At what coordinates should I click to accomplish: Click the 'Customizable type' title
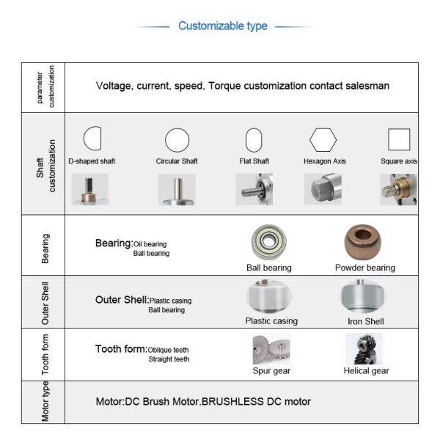(x=223, y=26)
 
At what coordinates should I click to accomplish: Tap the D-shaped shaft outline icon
(x=84, y=138)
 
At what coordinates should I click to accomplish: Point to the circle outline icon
(x=166, y=140)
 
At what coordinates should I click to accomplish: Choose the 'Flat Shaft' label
(x=254, y=161)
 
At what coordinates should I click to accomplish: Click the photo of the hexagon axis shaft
(x=323, y=189)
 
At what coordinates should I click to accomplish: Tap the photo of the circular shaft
(x=177, y=189)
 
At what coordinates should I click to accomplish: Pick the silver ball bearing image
(x=269, y=241)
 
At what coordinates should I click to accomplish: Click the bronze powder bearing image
(x=363, y=241)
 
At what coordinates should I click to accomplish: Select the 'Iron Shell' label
(x=366, y=321)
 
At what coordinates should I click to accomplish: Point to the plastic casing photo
(x=269, y=296)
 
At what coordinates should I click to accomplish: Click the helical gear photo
(x=364, y=349)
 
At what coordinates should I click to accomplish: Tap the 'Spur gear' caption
(x=271, y=370)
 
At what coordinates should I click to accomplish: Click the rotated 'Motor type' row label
(x=45, y=401)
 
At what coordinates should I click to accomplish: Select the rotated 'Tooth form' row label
(x=45, y=354)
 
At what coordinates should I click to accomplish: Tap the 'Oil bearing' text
(x=150, y=244)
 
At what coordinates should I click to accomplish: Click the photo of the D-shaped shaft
(x=89, y=189)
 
